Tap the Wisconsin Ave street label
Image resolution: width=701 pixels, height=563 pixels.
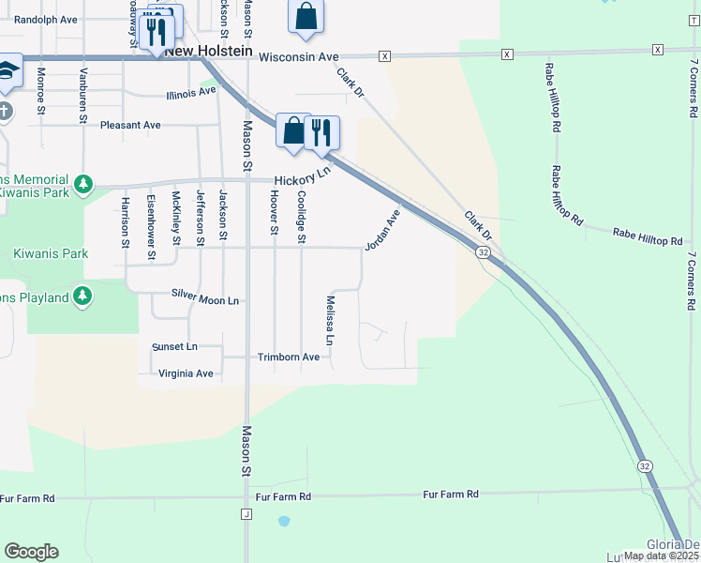[x=298, y=57]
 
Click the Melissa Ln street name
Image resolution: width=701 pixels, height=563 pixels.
[x=330, y=319]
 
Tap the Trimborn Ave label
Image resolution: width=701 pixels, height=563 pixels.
[x=289, y=357]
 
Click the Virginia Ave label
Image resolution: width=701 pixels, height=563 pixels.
[x=186, y=373]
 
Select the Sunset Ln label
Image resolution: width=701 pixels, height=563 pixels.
[x=174, y=346]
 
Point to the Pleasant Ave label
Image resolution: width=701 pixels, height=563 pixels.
[x=130, y=125]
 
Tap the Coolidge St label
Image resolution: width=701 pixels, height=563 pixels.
[x=302, y=218]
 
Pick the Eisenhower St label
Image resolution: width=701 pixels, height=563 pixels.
[x=151, y=227]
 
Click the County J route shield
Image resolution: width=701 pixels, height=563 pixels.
[x=247, y=514]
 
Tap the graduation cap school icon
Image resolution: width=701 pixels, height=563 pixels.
[x=7, y=71]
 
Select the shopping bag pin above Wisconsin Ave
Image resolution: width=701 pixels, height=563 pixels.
[x=306, y=17]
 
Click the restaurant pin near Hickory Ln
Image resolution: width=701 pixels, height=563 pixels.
[x=321, y=132]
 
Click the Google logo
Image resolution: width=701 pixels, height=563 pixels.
[x=31, y=552]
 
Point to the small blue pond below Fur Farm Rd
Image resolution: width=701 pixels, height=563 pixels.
[x=284, y=521]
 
